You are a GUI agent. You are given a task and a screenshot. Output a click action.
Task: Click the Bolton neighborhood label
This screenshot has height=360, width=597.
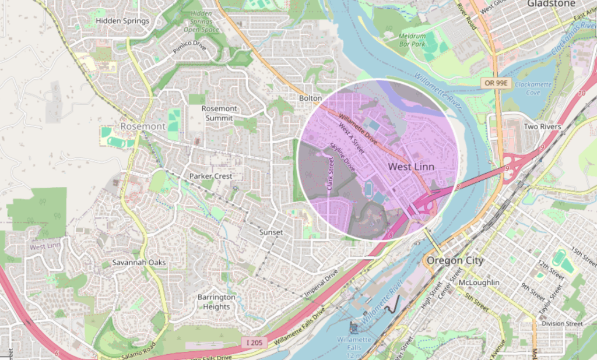tap(310, 98)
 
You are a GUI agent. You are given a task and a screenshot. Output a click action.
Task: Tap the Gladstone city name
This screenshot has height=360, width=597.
tap(551, 3)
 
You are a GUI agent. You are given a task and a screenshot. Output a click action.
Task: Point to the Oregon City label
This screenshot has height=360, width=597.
tap(455, 260)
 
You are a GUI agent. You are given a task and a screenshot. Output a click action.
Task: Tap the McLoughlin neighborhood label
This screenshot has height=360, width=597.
tap(479, 283)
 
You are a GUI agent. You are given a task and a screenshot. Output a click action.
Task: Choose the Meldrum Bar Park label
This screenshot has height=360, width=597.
tap(412, 40)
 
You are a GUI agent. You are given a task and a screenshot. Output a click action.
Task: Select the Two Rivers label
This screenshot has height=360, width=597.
tap(542, 127)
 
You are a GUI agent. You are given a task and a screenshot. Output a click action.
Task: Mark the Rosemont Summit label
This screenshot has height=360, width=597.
tap(219, 113)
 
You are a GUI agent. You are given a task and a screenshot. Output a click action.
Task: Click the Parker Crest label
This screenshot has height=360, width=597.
tap(210, 176)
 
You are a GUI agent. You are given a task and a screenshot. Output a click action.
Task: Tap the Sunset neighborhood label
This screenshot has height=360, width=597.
tap(271, 232)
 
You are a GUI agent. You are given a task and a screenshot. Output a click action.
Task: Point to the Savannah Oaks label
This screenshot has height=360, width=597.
tap(139, 263)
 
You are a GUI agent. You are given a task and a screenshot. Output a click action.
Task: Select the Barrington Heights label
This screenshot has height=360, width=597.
tap(216, 302)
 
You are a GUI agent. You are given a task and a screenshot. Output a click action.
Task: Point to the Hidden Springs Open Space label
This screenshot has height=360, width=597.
tap(201, 21)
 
